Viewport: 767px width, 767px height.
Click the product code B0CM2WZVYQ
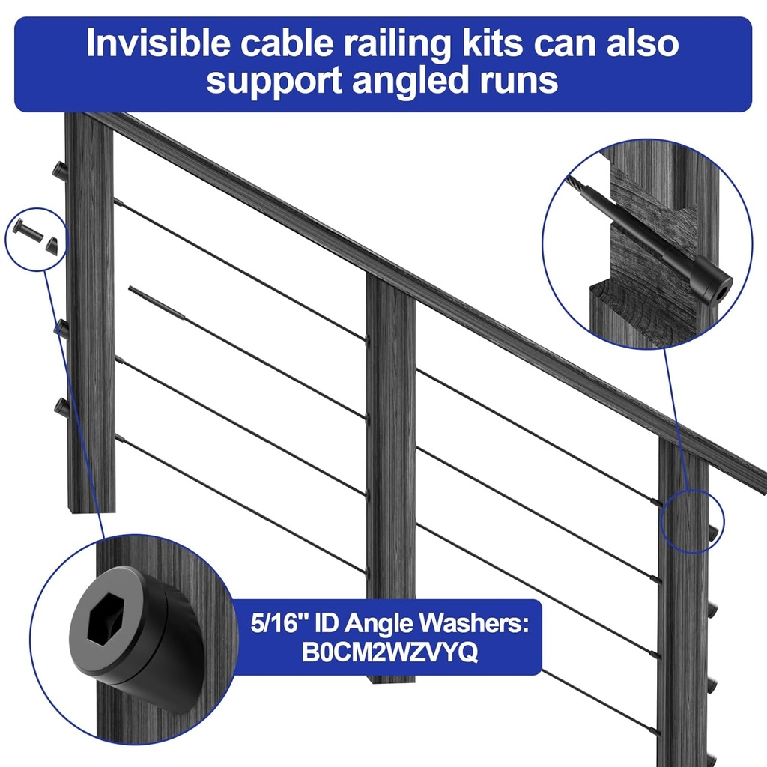pyautogui.click(x=389, y=652)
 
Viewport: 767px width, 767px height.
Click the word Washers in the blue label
pyautogui.click(x=478, y=623)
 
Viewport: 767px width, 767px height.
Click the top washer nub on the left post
pyautogui.click(x=60, y=171)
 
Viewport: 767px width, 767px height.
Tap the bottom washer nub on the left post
pyautogui.click(x=61, y=408)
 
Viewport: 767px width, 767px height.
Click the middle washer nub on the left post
pyautogui.click(x=61, y=328)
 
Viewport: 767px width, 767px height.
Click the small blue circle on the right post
pyautogui.click(x=694, y=521)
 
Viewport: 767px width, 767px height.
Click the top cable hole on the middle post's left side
pyautogui.click(x=367, y=339)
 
